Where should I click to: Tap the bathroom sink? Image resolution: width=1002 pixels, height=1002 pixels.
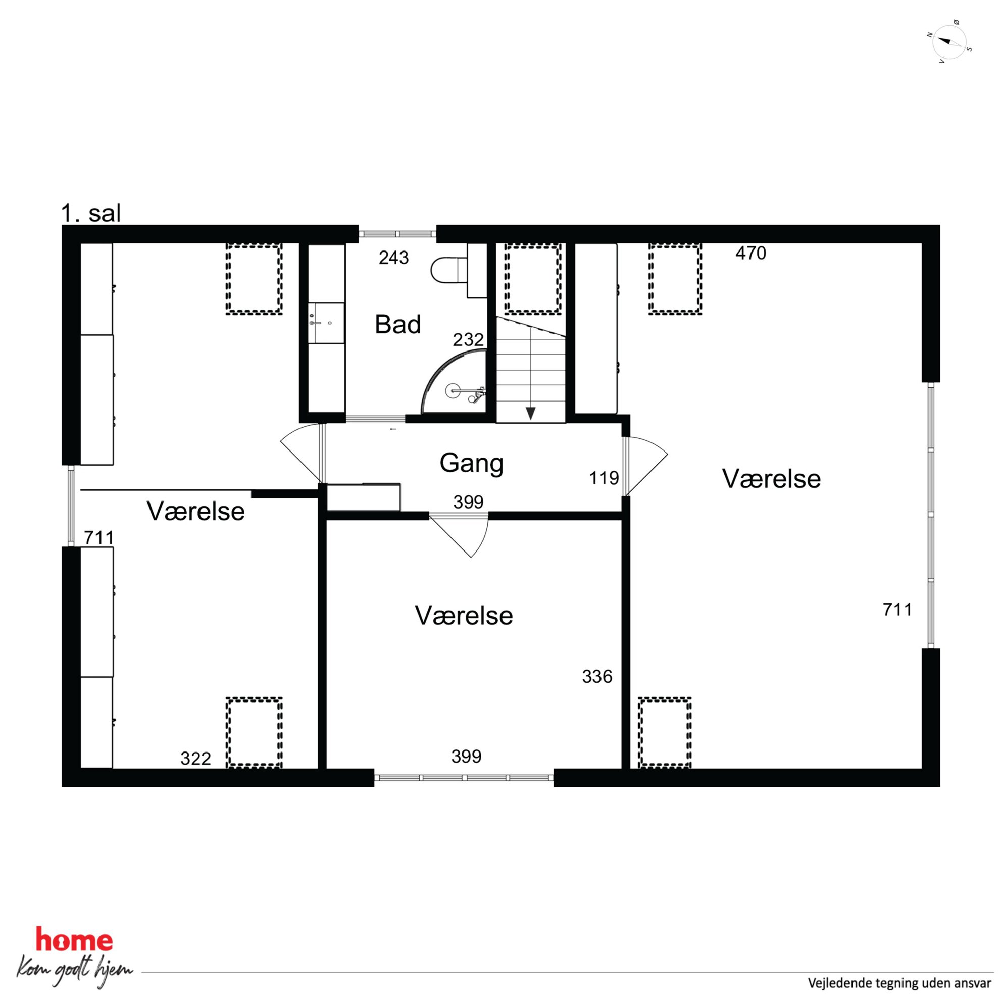326,323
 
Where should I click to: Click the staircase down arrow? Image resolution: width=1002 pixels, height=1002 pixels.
530,413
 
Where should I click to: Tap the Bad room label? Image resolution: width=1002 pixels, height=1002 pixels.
398,325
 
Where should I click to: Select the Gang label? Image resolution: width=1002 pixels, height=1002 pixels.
471,463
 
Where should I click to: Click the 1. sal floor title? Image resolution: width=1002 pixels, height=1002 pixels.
91,213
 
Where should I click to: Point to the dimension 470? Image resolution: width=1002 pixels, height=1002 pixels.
750,253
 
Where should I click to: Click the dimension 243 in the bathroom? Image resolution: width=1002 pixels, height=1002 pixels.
393,257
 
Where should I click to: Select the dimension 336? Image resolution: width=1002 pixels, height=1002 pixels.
597,676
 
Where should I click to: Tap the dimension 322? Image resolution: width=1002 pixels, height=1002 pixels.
195,758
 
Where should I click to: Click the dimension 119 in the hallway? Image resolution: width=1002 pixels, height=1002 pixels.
604,478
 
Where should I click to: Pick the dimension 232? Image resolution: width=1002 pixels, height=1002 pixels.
468,340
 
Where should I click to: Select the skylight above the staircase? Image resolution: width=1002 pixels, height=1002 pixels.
533,278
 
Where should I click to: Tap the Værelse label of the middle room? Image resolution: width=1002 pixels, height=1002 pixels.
464,616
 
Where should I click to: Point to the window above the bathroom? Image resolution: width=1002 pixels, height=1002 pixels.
397,234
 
